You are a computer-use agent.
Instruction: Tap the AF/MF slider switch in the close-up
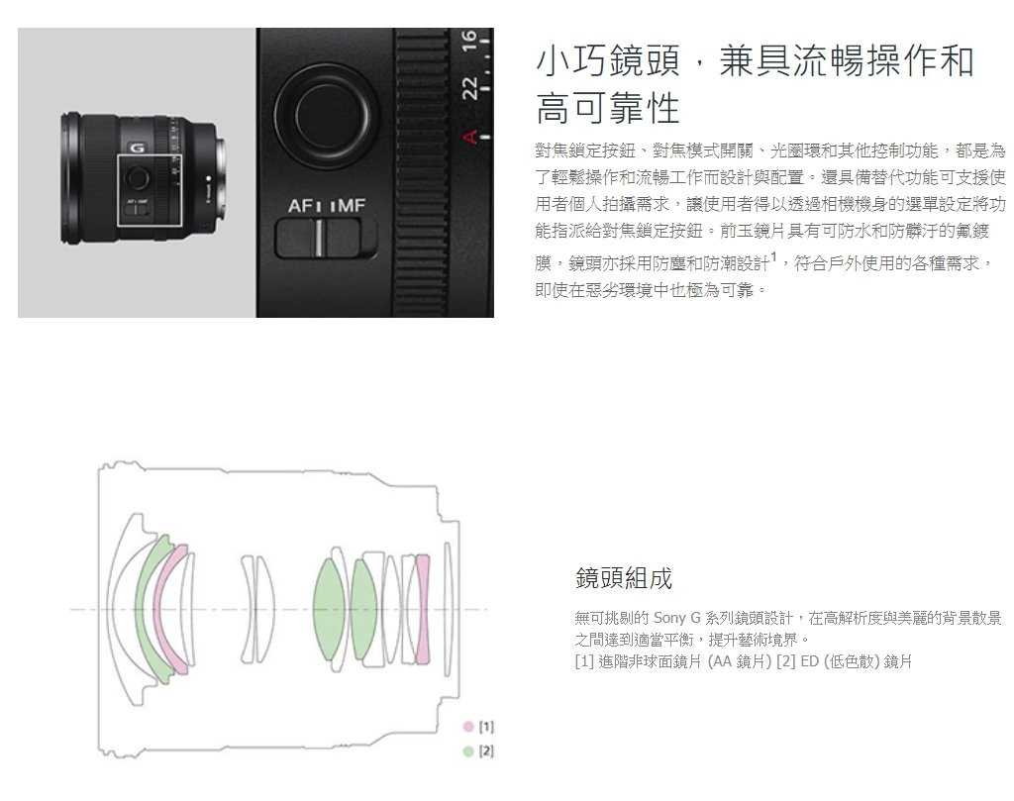click(326, 238)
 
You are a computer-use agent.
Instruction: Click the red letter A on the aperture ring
click(471, 136)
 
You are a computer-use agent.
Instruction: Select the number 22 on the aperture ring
click(470, 87)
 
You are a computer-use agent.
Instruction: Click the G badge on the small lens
click(137, 148)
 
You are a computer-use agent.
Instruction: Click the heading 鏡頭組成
click(623, 577)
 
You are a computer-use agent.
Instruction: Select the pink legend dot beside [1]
click(468, 727)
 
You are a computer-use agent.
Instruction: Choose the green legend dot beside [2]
click(468, 751)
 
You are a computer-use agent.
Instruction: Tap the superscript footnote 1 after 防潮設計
click(773, 258)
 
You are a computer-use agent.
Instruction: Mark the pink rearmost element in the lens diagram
click(424, 607)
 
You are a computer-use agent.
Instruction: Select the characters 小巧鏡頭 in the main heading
click(607, 61)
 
